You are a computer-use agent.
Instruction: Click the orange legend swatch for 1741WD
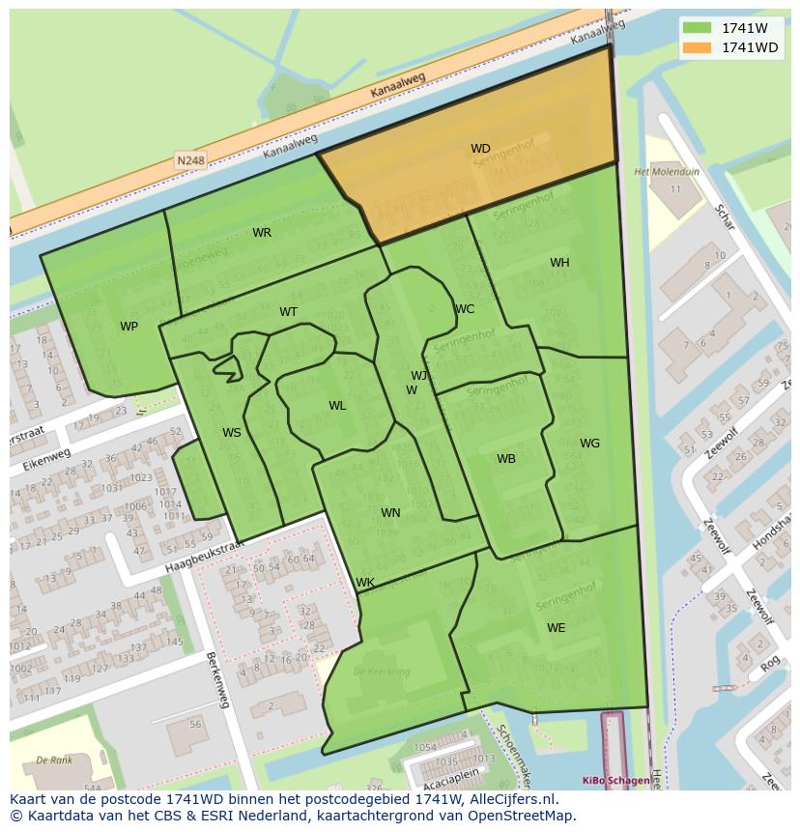[x=697, y=47]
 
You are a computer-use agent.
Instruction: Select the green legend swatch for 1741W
[x=697, y=28]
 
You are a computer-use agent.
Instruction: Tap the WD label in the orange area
[x=480, y=149]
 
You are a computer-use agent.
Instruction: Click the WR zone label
[x=262, y=233]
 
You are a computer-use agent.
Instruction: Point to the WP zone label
[x=129, y=327]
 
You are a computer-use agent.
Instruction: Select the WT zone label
[x=288, y=312]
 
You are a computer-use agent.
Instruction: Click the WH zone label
[x=559, y=263]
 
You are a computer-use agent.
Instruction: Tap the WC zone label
[x=465, y=310]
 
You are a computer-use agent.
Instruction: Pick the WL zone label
[x=337, y=406]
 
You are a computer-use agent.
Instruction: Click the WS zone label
[x=232, y=433]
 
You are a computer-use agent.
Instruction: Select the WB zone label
[x=506, y=459]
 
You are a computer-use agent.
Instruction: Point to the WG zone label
[x=589, y=444]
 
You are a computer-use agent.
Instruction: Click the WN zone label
[x=390, y=513]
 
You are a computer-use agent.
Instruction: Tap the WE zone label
[x=557, y=628]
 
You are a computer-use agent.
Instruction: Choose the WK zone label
[x=365, y=583]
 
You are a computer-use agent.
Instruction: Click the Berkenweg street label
[x=217, y=679]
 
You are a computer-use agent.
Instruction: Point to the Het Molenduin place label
[x=667, y=172]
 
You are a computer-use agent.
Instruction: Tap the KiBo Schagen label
[x=615, y=780]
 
